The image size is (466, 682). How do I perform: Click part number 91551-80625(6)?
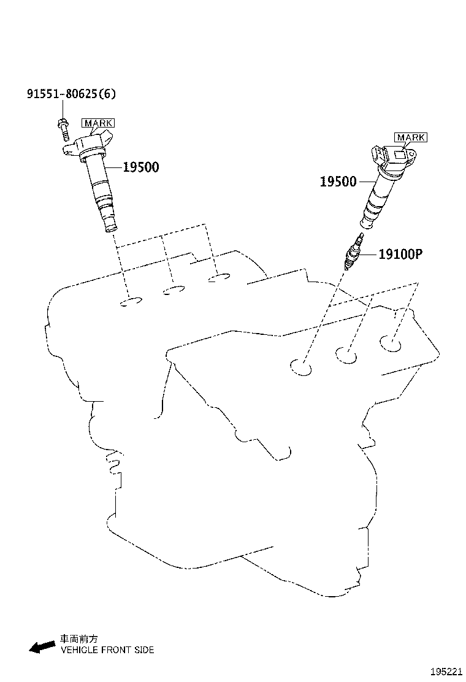[x=71, y=94]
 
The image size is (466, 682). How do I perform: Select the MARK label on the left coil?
[x=98, y=123]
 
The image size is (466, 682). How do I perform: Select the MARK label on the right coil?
[x=410, y=137]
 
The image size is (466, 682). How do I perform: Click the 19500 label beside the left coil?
[x=140, y=167]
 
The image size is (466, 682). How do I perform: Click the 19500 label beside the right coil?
[x=338, y=182]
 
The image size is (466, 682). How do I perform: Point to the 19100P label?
[x=400, y=253]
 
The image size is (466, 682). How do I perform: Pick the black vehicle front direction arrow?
[x=42, y=646]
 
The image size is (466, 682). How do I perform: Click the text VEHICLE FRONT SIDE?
[x=107, y=649]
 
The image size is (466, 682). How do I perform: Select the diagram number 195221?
[x=445, y=672]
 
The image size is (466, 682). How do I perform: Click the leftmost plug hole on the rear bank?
[x=131, y=302]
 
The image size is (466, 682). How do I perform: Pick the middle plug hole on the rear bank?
[x=175, y=290]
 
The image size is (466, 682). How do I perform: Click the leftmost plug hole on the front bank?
[x=301, y=367]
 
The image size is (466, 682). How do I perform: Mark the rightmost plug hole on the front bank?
[x=390, y=344]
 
